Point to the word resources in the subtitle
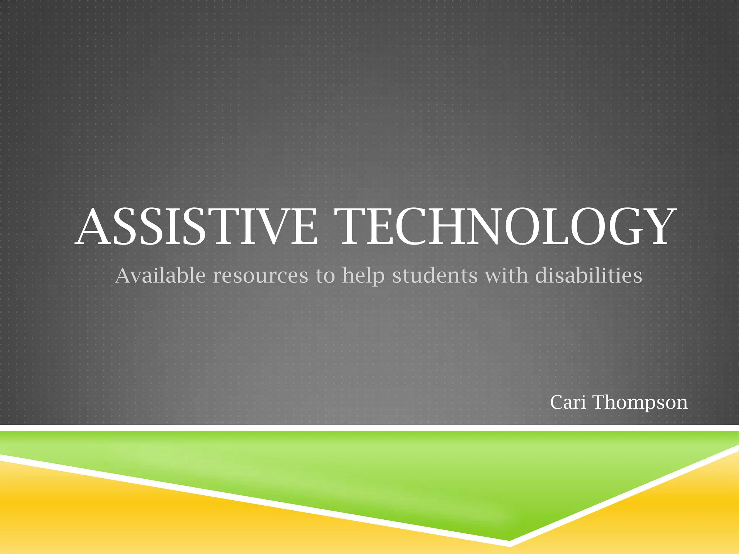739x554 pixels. [260, 276]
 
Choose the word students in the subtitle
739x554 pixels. [435, 276]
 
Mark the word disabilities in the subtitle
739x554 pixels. [589, 276]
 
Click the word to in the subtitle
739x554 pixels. [325, 276]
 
